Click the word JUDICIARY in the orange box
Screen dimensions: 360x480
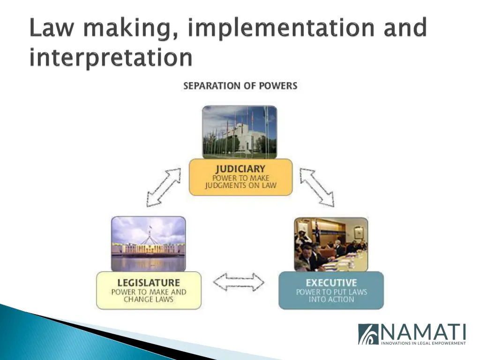coord(240,169)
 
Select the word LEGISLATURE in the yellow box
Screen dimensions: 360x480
coord(148,283)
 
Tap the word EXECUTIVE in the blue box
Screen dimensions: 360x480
coord(331,283)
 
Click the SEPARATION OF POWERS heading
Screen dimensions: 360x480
coord(240,86)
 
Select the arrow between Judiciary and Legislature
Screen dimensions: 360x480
coord(164,187)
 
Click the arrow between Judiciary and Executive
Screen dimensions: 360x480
coord(317,187)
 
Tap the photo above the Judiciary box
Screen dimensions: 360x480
coord(240,132)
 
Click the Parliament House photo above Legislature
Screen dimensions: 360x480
coord(148,243)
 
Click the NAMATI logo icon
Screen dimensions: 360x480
coord(368,334)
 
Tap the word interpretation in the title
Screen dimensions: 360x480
coord(111,58)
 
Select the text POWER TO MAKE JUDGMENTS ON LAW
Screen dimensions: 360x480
coord(240,182)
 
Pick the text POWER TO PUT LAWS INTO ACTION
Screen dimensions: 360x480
coord(331,296)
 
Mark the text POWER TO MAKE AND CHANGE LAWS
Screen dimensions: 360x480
coord(148,296)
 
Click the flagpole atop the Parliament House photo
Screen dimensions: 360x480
coord(150,231)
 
